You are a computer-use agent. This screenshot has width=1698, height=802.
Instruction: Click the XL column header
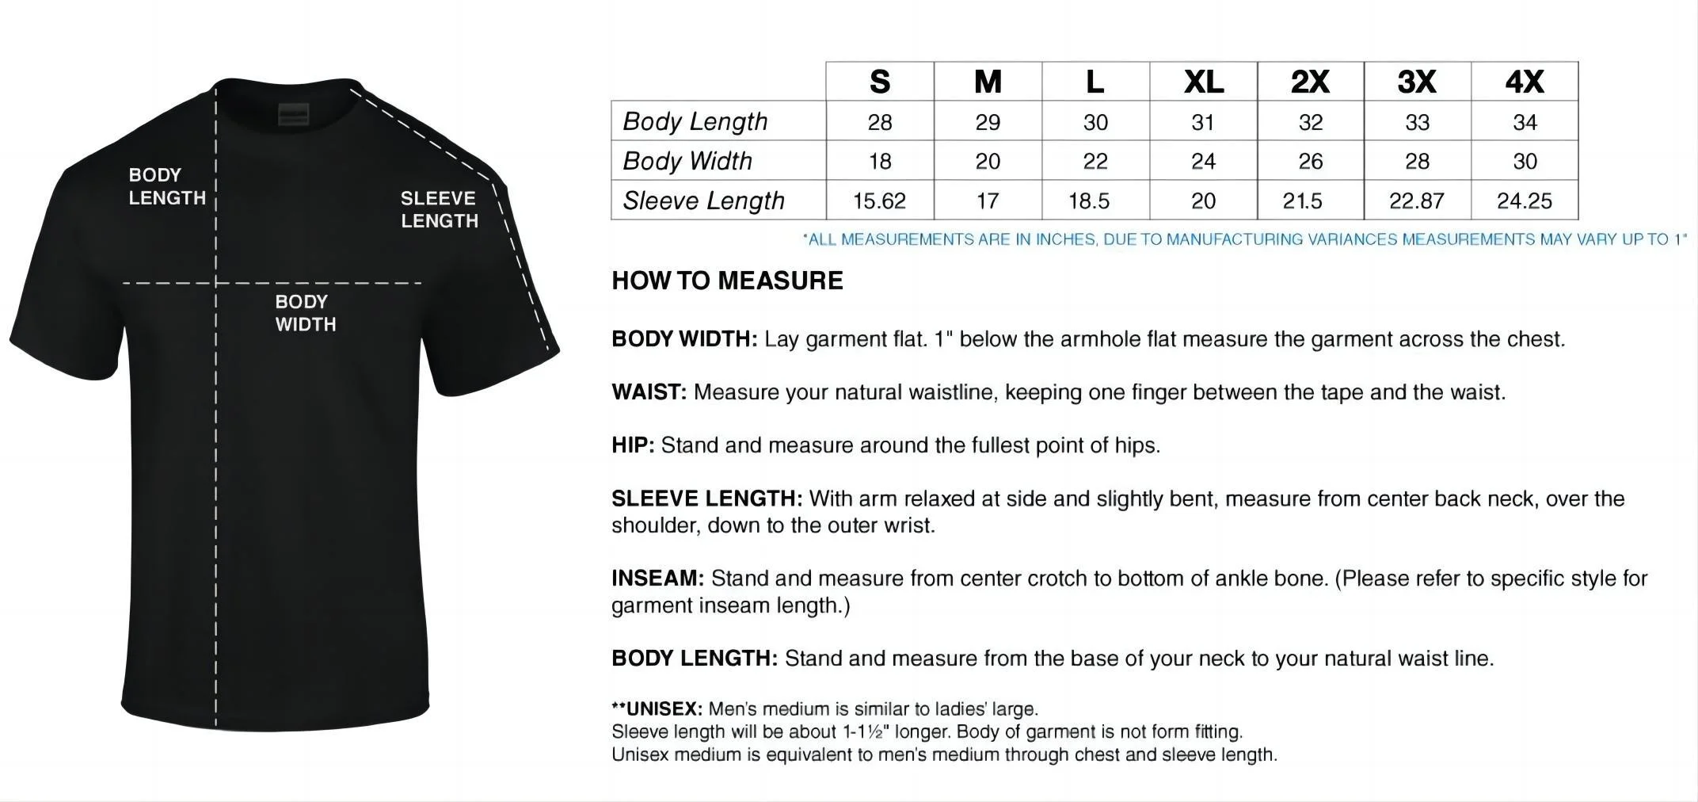point(1203,82)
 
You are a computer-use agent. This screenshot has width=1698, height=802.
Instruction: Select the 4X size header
point(1525,82)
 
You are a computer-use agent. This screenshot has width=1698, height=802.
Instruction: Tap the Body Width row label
point(687,161)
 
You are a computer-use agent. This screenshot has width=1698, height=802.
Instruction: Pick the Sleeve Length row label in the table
point(703,200)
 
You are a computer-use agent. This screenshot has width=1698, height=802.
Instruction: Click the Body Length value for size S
point(880,122)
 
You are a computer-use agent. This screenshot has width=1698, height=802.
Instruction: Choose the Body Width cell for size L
point(1095,161)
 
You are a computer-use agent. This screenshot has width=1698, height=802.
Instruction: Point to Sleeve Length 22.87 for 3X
point(1417,200)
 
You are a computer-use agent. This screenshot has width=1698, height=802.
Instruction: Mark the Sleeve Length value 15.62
point(879,200)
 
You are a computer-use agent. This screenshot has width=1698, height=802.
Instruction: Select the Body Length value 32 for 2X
point(1311,122)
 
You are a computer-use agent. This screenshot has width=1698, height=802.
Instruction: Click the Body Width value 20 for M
point(988,161)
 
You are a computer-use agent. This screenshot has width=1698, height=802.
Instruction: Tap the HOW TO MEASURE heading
point(727,281)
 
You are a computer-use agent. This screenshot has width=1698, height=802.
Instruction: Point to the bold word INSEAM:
point(657,579)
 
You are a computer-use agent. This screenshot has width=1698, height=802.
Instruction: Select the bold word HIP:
point(633,445)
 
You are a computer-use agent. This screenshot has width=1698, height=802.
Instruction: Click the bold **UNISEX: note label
point(657,708)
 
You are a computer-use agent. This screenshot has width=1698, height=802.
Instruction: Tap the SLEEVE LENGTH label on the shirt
point(439,209)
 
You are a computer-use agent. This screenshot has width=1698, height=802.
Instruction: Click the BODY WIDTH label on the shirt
point(306,313)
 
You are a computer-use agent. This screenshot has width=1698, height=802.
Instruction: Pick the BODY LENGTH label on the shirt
point(167,186)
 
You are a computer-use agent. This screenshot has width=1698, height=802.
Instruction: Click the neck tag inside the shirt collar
point(292,114)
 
